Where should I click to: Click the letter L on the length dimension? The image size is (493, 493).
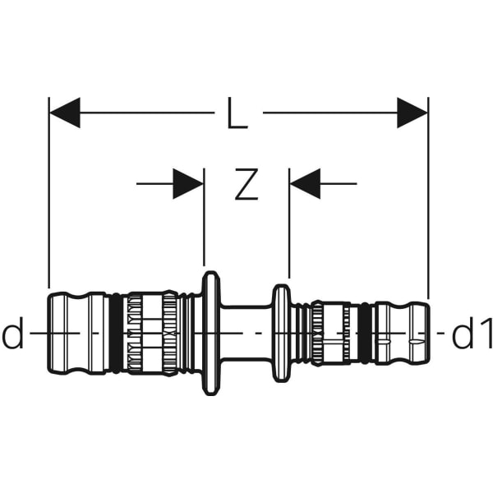pyautogui.click(x=237, y=113)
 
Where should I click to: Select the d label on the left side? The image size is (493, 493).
pyautogui.click(x=14, y=335)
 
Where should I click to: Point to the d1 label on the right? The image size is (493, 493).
pyautogui.click(x=472, y=335)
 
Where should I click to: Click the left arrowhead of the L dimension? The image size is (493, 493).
pyautogui.click(x=65, y=113)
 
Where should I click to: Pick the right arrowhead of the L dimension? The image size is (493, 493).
pyautogui.click(x=412, y=113)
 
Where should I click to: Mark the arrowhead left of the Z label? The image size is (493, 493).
pyautogui.click(x=188, y=184)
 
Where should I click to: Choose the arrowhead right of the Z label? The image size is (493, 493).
pyautogui.click(x=305, y=184)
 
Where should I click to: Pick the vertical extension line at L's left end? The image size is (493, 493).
pyautogui.click(x=49, y=205)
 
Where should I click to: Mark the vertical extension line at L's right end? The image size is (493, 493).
pyautogui.click(x=428, y=205)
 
